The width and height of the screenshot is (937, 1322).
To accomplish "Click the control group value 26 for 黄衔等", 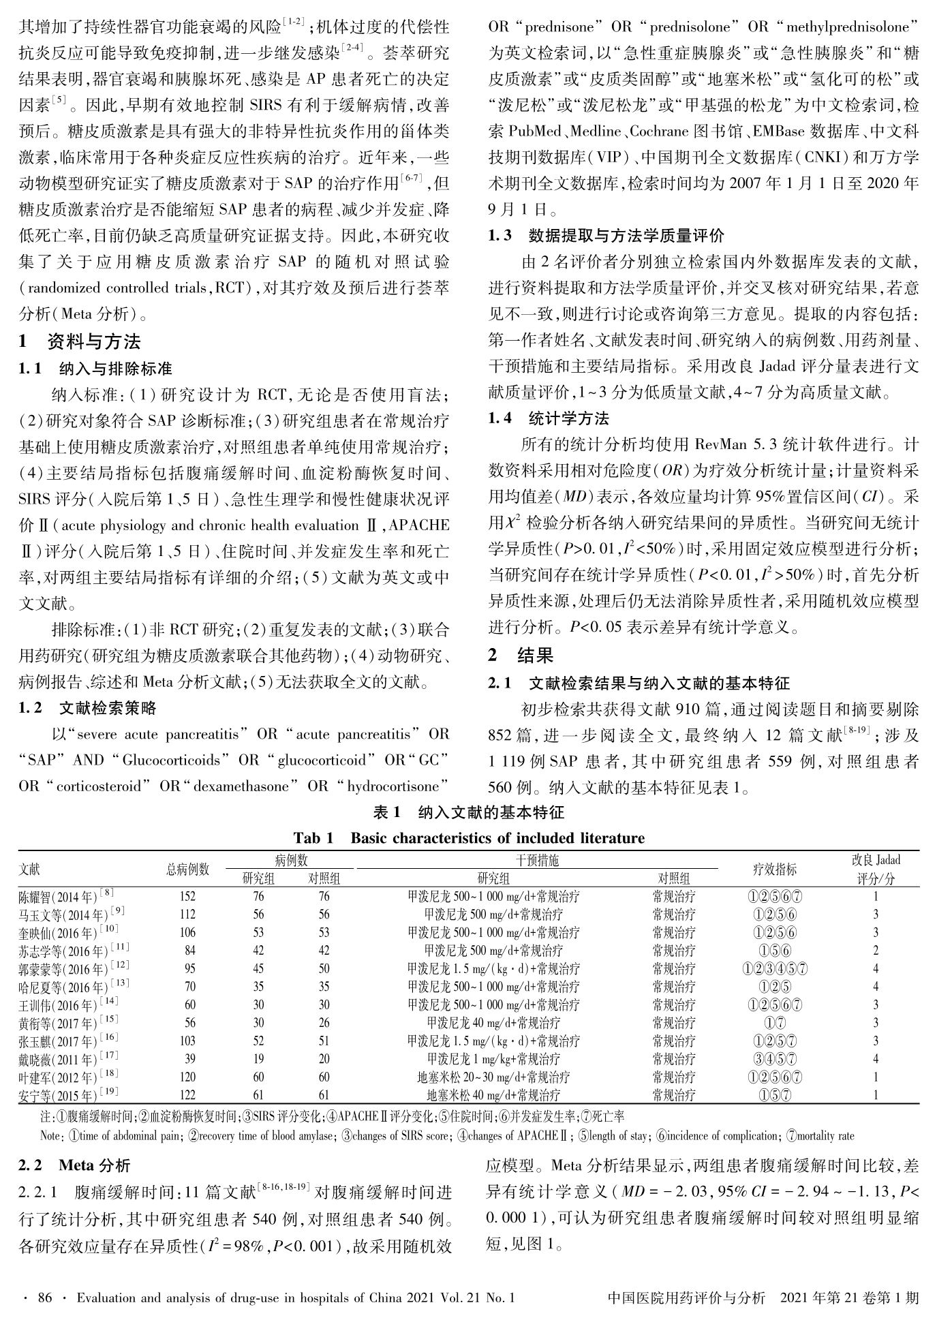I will point(324,1023).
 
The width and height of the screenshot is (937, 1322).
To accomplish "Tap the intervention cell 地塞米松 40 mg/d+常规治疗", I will point(493,1096).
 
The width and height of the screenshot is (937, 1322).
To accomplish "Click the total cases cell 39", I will point(189,1059).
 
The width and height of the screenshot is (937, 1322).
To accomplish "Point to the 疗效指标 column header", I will point(773,869).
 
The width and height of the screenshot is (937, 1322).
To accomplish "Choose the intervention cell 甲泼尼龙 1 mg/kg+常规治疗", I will point(493,1059).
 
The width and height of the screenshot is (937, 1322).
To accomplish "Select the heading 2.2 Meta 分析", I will point(75,1165).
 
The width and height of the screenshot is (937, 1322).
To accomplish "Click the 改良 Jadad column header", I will point(876,869).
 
